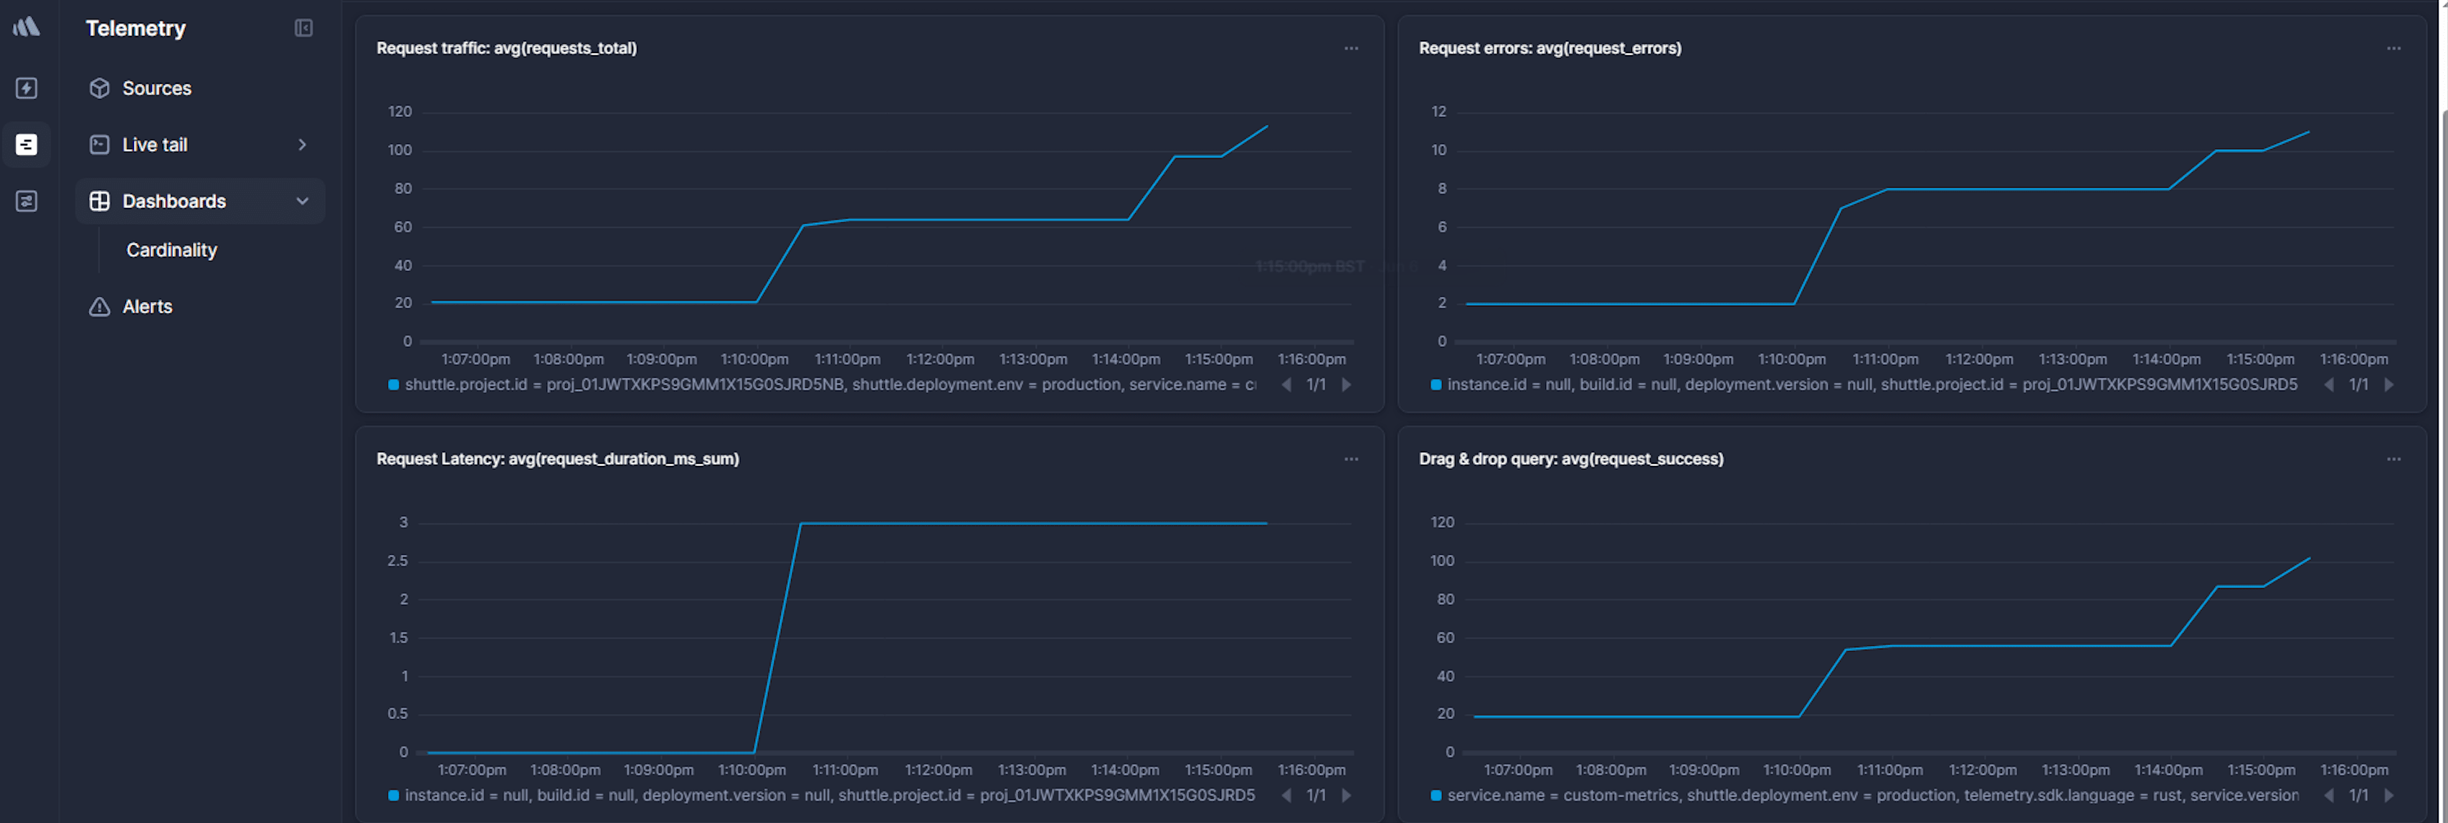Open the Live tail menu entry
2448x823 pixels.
pos(155,144)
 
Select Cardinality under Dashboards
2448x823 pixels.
pos(172,250)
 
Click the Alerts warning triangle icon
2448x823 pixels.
pos(100,307)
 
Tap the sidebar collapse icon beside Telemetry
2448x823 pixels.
pos(304,29)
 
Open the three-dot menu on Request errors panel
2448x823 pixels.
pos(2393,49)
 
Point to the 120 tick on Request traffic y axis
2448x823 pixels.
pos(400,112)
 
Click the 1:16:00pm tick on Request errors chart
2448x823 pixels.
pos(2354,359)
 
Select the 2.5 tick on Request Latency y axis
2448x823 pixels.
pos(397,561)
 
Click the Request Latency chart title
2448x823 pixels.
pos(558,459)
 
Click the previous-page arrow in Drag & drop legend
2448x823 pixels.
pos(2328,796)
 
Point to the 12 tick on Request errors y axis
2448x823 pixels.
pos(1439,112)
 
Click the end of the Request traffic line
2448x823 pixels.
pos(1267,126)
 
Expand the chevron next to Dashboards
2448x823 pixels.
pos(302,201)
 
